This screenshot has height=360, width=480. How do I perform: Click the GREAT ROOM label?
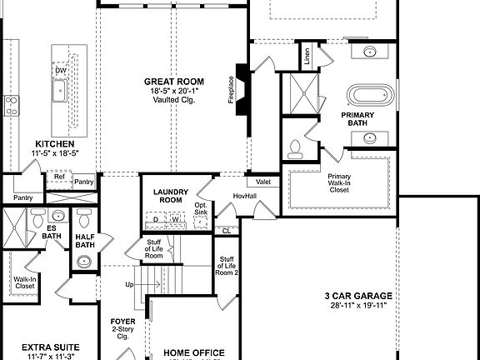point(173,82)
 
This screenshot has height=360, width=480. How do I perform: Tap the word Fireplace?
point(231,91)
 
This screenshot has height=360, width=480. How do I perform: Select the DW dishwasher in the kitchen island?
point(61,71)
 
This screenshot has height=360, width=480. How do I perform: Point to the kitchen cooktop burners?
point(12,105)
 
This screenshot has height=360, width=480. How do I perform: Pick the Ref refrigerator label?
point(59,177)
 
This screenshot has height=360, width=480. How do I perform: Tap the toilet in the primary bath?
point(294,149)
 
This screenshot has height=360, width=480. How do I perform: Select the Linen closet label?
point(307,57)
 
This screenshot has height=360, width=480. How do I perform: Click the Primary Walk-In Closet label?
point(339,182)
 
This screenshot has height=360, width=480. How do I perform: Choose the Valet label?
point(263,182)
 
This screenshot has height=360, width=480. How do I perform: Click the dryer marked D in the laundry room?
point(155,220)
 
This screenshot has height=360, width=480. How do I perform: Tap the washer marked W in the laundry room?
point(175,220)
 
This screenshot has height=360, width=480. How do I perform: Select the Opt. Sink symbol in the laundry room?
point(201,222)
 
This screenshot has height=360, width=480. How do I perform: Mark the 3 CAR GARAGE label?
point(358,296)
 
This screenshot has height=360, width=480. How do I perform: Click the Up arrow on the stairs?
point(129,285)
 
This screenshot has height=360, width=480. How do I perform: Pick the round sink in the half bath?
point(84,262)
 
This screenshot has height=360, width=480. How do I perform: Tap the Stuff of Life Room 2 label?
point(227,266)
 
